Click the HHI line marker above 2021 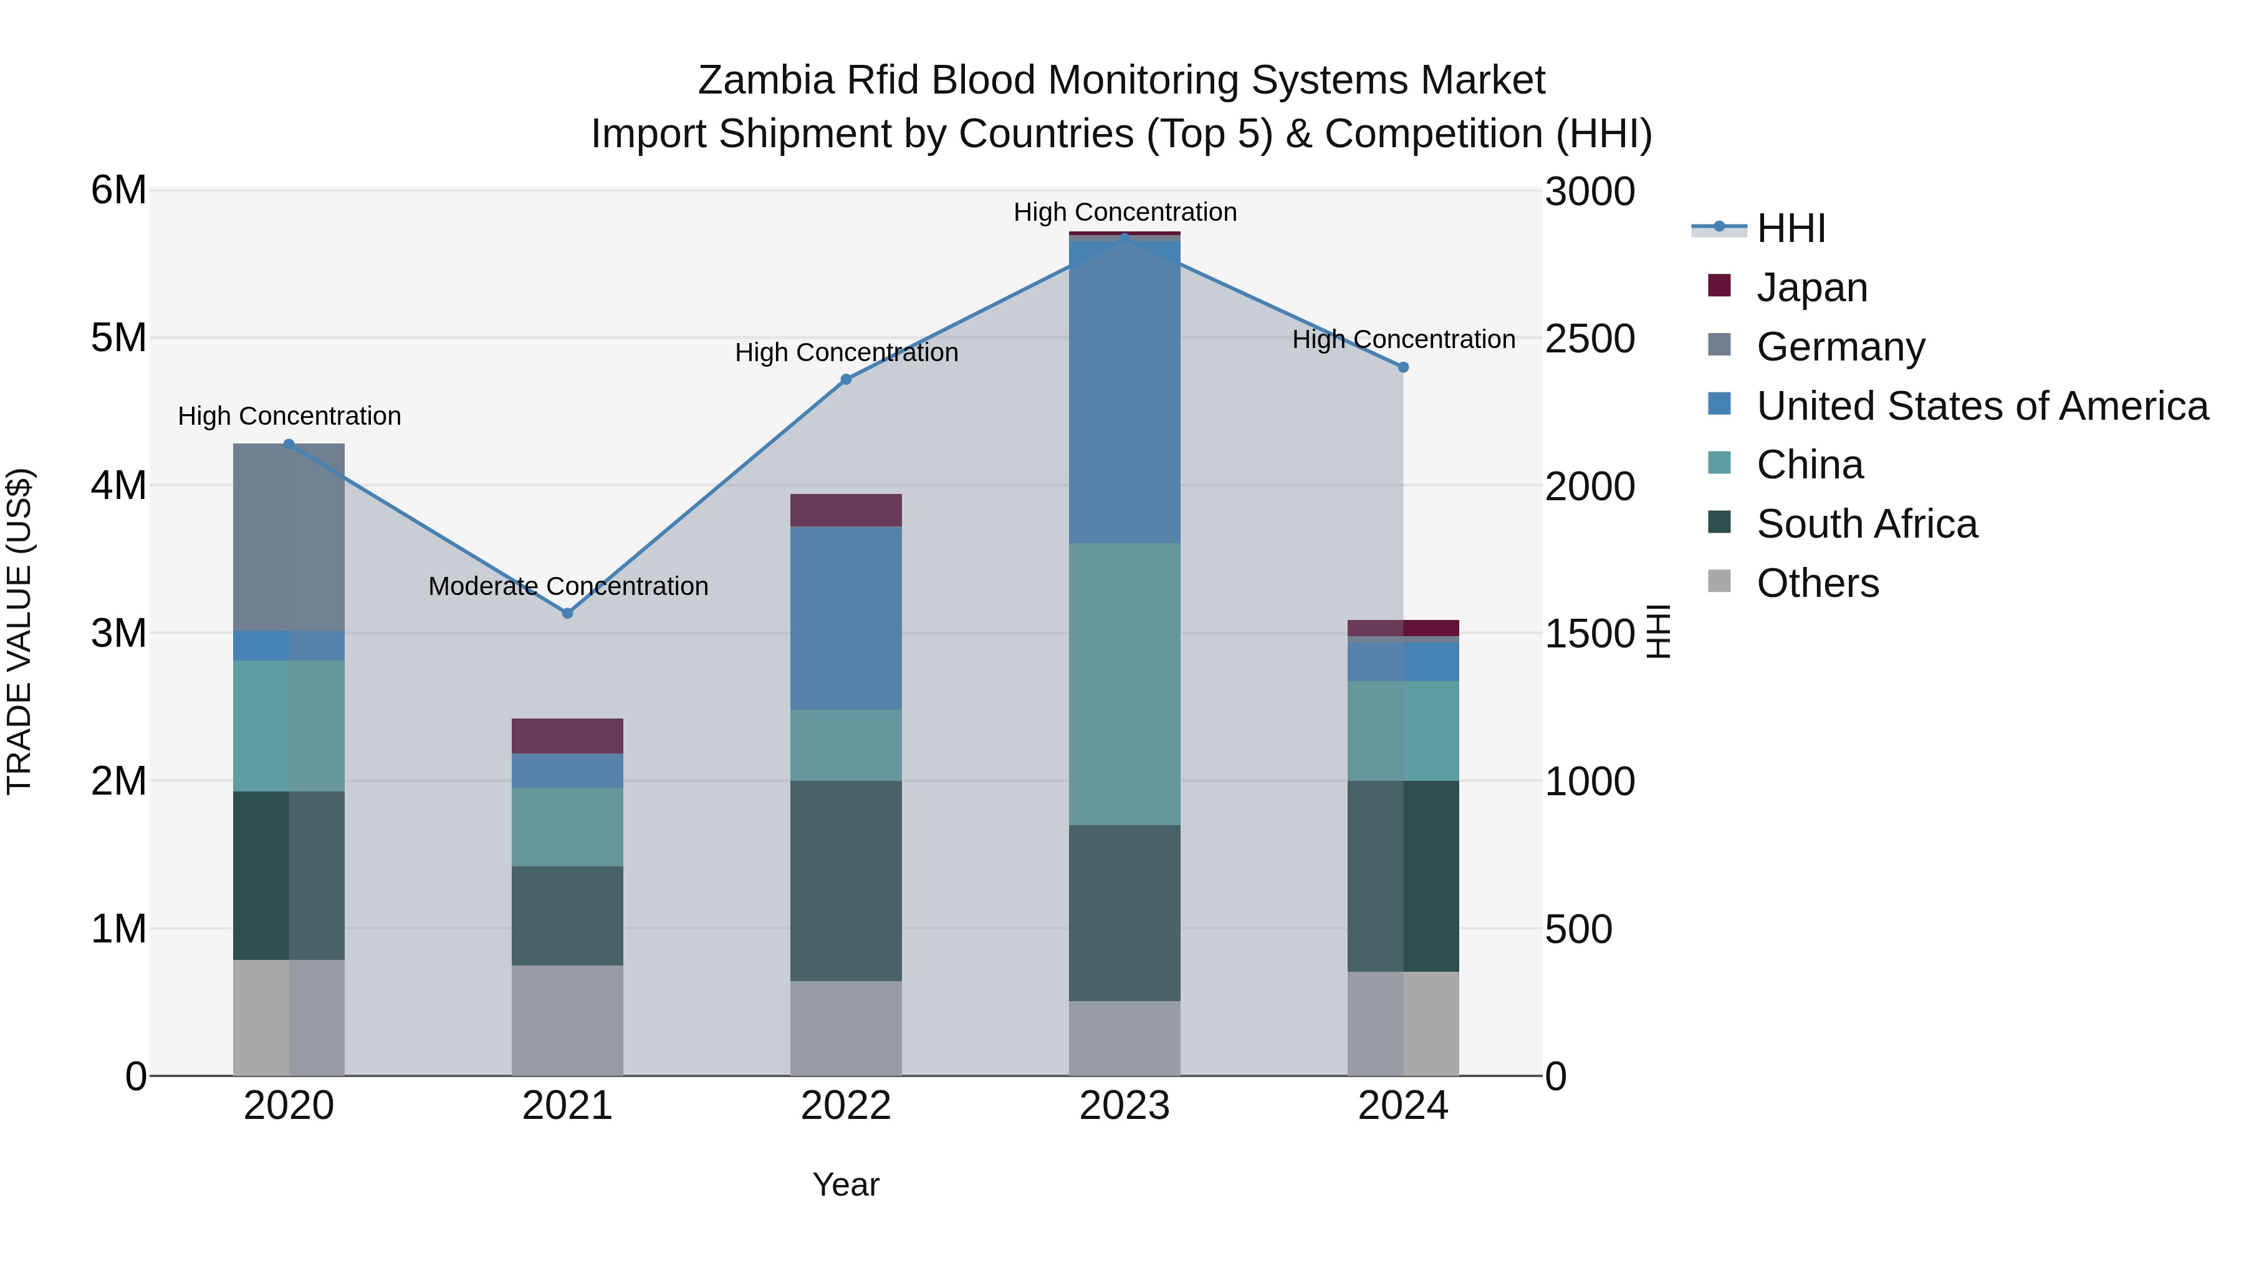[x=567, y=612]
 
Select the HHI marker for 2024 [x=1402, y=367]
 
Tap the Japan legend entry [x=1812, y=287]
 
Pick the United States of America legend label [x=1982, y=405]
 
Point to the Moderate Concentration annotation [x=568, y=586]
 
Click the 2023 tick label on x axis [x=1124, y=1106]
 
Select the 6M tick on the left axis [x=118, y=190]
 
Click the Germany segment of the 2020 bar [x=289, y=536]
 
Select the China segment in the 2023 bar [x=1124, y=684]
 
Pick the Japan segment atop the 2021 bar [x=567, y=736]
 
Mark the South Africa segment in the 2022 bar [x=845, y=879]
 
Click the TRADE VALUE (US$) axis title [x=19, y=631]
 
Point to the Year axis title [x=845, y=1184]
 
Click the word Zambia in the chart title [x=765, y=80]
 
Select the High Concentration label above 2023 [x=1124, y=212]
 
